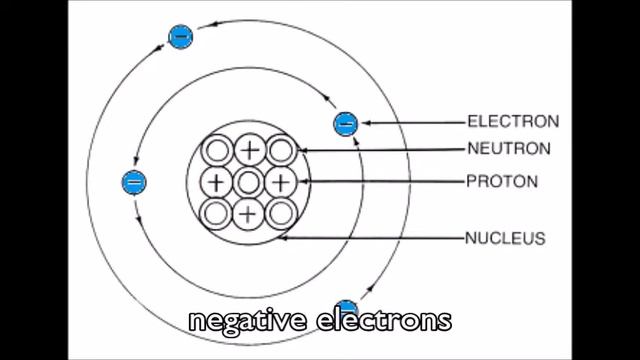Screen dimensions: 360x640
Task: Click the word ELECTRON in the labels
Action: tap(513, 123)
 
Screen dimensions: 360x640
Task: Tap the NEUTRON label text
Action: tap(509, 150)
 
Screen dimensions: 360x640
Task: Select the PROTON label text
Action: tap(502, 182)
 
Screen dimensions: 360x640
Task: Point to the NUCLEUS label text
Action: tap(505, 238)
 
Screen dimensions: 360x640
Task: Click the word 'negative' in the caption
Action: tap(246, 321)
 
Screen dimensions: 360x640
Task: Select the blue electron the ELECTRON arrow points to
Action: tap(345, 124)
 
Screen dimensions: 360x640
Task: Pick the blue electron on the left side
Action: tap(133, 182)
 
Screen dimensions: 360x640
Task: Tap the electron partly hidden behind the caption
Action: tap(346, 306)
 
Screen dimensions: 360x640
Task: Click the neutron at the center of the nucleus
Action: tap(249, 182)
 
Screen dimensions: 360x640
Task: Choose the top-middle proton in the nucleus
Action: tap(249, 151)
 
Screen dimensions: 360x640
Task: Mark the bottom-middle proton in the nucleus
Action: tap(249, 213)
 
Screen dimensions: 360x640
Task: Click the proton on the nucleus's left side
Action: tap(217, 182)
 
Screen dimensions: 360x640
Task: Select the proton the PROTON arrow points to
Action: tap(281, 182)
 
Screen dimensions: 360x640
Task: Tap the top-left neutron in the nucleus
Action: tap(217, 151)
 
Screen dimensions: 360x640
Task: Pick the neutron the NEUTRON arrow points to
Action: tap(281, 151)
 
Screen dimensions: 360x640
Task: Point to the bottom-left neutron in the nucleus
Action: tap(217, 213)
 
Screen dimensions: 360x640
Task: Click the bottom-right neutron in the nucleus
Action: tap(281, 213)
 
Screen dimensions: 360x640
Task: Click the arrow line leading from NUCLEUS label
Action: tap(380, 238)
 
